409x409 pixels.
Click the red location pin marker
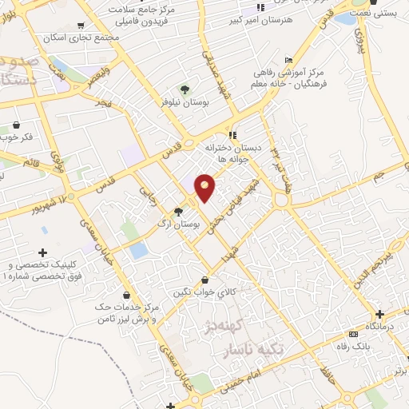tap(205, 189)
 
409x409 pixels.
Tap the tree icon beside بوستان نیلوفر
tap(185, 89)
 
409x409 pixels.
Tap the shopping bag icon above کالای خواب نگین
tap(206, 280)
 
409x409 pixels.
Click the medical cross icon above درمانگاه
tap(379, 314)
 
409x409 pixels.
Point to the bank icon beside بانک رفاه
tap(354, 334)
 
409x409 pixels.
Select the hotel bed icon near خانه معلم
tap(288, 61)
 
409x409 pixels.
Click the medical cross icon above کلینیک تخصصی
tap(43, 252)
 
